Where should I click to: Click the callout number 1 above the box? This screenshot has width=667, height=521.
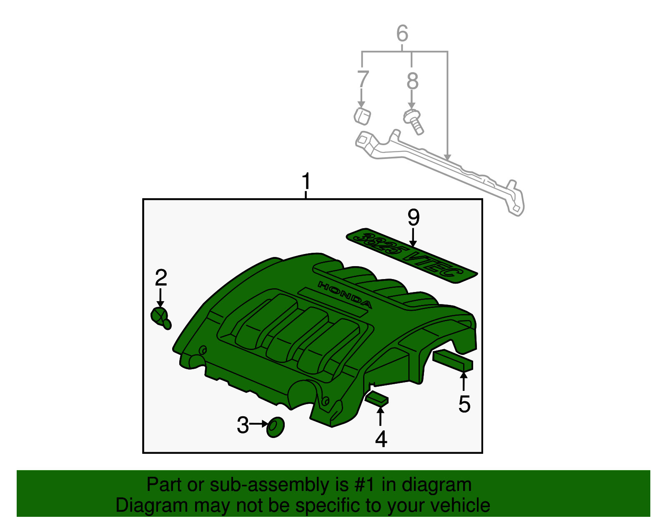[306, 181]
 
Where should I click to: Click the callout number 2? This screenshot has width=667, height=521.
[161, 278]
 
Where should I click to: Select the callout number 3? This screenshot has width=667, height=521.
[243, 425]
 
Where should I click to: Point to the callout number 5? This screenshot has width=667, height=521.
[464, 404]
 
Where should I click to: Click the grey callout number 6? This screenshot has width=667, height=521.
[402, 33]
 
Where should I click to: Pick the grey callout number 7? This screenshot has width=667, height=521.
[363, 79]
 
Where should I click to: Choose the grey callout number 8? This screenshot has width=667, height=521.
[412, 81]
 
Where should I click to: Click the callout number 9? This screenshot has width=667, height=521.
[413, 217]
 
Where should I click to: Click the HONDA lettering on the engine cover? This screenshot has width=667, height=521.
[345, 294]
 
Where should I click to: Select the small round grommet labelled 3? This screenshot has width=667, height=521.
[275, 427]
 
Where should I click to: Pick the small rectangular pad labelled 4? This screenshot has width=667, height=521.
[376, 398]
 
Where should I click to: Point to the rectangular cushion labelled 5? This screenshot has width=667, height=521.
[453, 360]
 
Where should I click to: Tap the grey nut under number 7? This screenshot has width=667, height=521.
[362, 116]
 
